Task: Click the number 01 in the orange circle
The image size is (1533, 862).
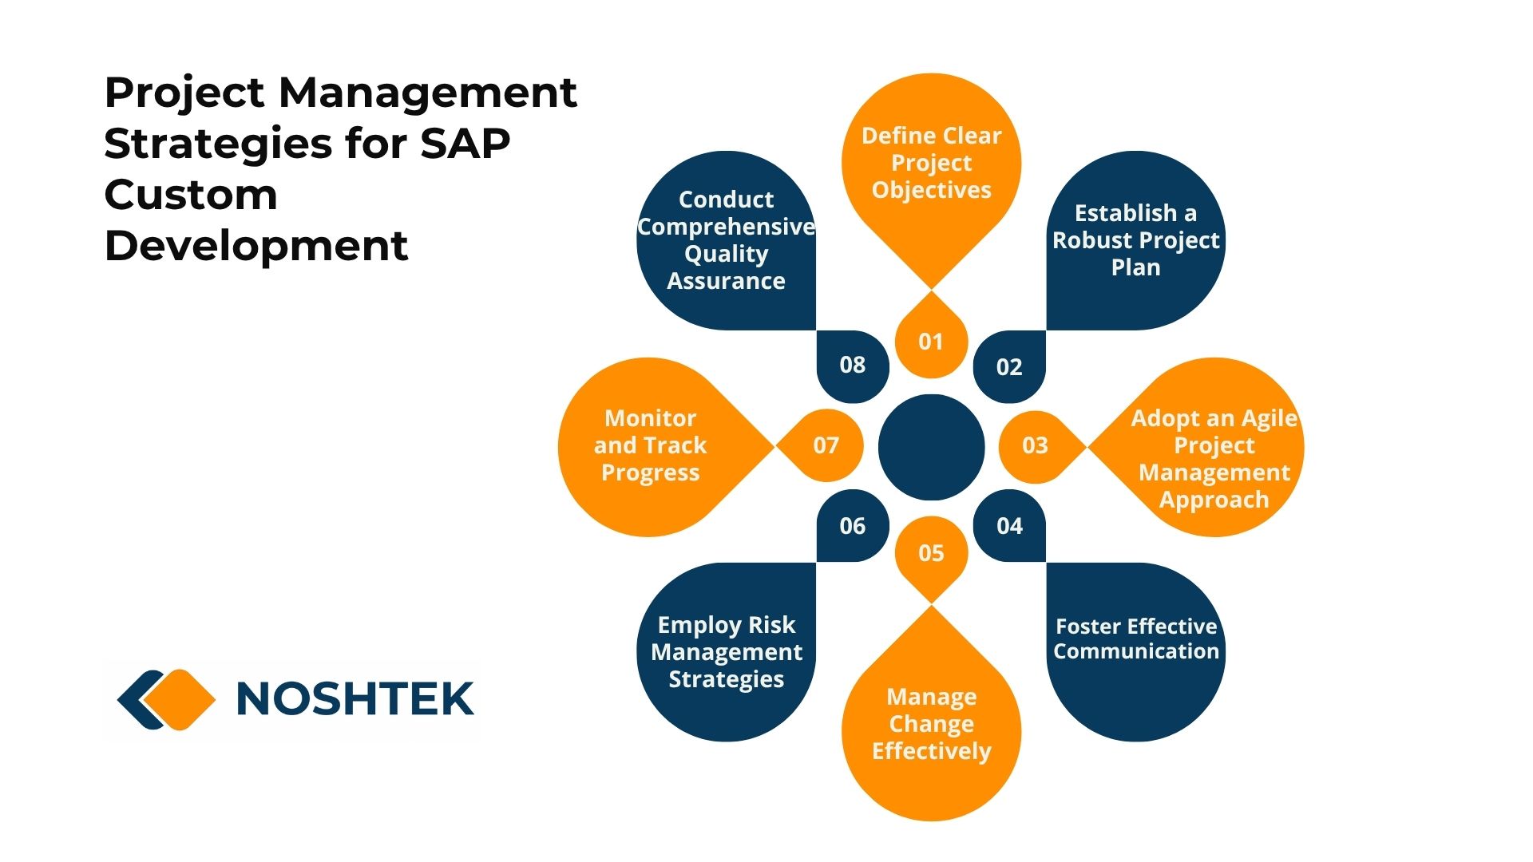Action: (x=931, y=342)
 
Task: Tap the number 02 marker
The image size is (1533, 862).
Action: (x=1009, y=367)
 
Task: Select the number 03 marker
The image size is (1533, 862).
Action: (x=1035, y=445)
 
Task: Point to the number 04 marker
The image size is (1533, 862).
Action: (x=1009, y=526)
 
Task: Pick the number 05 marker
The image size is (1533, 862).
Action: (x=931, y=553)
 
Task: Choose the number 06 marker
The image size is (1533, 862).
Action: (x=853, y=526)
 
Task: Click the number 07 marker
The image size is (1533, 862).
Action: (x=826, y=445)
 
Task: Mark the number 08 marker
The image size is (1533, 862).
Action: (x=853, y=365)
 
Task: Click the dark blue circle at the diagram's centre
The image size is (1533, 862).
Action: (x=931, y=447)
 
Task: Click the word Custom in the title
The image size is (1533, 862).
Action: (x=191, y=195)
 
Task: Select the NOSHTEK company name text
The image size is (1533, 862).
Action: (x=355, y=698)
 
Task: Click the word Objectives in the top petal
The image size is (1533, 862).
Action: (x=932, y=190)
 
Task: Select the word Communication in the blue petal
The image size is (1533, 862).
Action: (x=1136, y=651)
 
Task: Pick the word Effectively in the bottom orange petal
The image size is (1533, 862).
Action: (x=932, y=751)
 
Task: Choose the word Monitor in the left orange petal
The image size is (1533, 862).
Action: (x=651, y=418)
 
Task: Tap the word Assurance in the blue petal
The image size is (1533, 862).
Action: (x=727, y=281)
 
